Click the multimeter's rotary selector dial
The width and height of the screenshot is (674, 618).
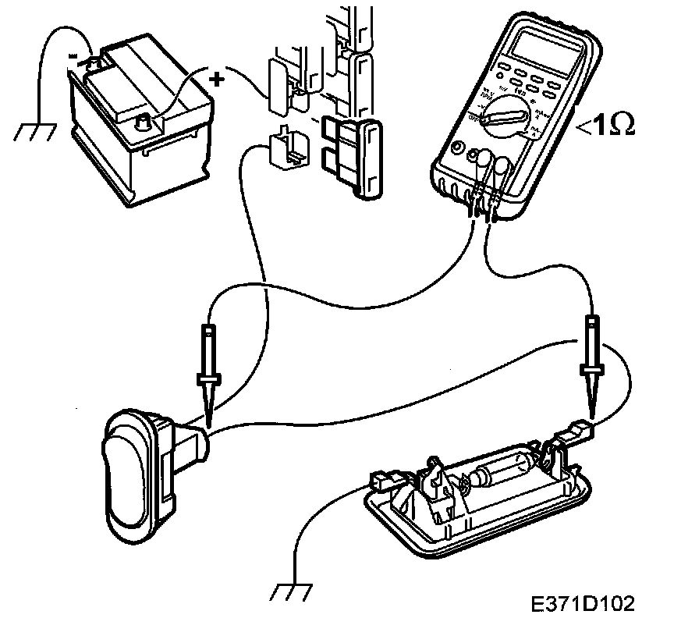[x=503, y=115]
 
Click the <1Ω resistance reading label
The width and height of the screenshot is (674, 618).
[x=605, y=125]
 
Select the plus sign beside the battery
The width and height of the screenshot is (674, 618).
[x=218, y=77]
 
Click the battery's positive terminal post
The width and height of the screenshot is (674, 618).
[x=143, y=121]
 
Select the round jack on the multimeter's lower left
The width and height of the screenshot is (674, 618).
[x=456, y=147]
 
